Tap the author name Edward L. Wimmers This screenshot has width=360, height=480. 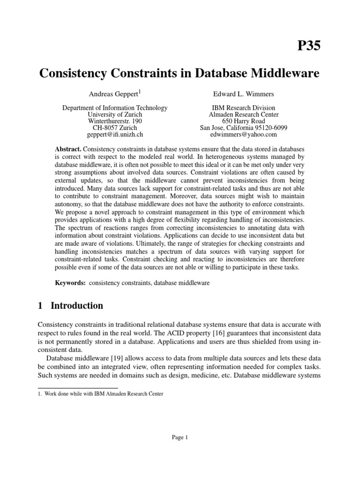click(x=244, y=94)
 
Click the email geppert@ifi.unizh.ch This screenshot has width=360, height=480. click(x=115, y=135)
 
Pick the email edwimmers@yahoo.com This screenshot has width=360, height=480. click(x=244, y=135)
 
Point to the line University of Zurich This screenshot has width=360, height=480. click(x=115, y=115)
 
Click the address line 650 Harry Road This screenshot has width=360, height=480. click(x=244, y=121)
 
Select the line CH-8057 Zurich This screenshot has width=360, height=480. click(x=115, y=128)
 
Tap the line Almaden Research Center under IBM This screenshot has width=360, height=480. click(x=244, y=115)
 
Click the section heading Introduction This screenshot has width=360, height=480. click(x=76, y=306)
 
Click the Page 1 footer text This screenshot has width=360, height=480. click(x=180, y=438)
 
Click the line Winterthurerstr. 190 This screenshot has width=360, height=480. click(x=115, y=121)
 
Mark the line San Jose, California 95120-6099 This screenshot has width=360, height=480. click(x=244, y=128)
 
